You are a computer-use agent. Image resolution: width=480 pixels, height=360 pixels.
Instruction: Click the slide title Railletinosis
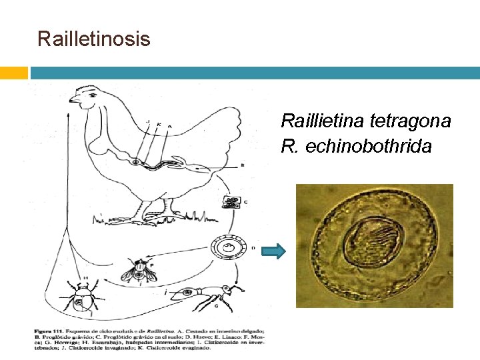point(94,39)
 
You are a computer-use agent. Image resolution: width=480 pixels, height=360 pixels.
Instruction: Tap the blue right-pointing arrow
point(274,251)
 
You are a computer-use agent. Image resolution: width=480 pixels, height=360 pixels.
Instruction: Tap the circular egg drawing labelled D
point(229,249)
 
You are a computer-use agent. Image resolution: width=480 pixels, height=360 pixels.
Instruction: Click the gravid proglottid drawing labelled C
point(233,203)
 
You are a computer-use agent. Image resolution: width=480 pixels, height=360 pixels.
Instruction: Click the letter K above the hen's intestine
point(158,124)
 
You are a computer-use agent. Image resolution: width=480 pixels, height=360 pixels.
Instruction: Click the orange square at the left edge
point(13,72)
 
